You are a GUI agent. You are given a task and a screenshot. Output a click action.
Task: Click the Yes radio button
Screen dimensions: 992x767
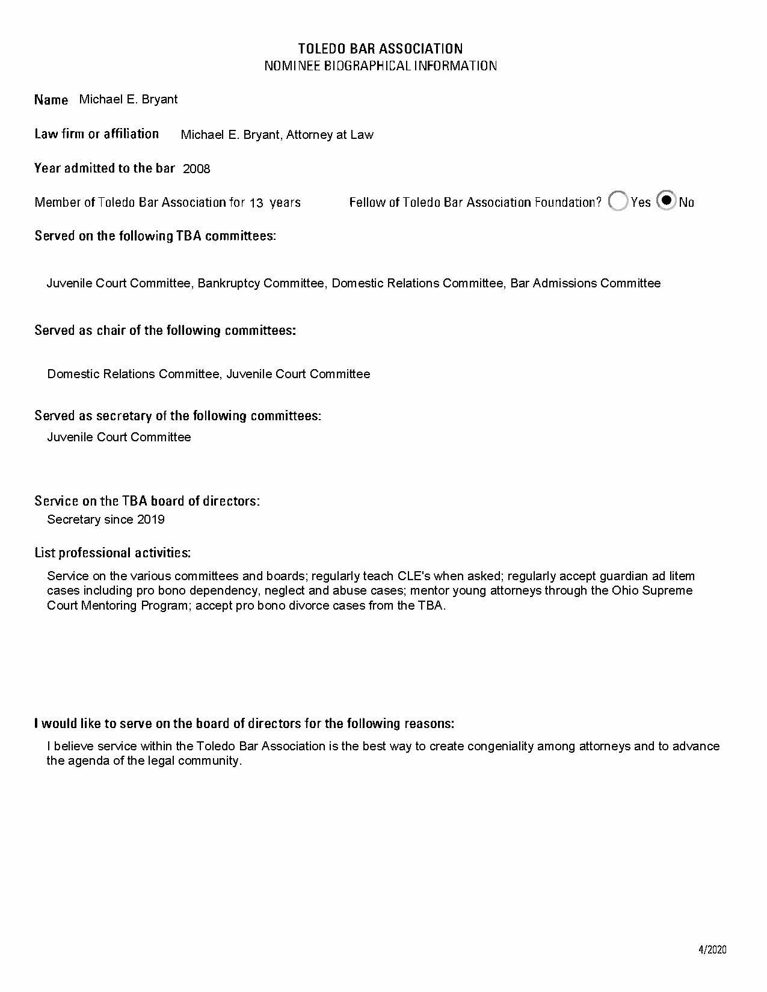coord(618,201)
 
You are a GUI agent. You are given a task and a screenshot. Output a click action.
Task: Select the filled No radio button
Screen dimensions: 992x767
coord(667,200)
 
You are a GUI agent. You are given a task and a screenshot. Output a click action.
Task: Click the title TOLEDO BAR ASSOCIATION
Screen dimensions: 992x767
coord(380,49)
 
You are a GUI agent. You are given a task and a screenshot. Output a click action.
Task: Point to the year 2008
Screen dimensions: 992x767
coord(197,169)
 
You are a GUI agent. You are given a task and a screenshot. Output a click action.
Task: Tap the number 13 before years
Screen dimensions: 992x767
coord(256,203)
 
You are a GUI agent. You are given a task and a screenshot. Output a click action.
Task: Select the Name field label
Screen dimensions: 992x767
coord(51,100)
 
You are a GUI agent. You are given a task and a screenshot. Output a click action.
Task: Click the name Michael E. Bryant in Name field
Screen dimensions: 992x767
coord(128,99)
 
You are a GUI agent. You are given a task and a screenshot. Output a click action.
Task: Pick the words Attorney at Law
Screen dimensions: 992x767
coord(330,135)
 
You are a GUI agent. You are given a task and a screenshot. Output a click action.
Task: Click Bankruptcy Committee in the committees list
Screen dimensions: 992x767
coord(260,283)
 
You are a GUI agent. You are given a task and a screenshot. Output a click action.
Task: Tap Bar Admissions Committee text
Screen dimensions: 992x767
coord(585,283)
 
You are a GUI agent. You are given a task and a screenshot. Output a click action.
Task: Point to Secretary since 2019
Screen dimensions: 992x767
coord(106,519)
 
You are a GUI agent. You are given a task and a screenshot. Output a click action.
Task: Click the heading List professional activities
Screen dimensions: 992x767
coord(112,553)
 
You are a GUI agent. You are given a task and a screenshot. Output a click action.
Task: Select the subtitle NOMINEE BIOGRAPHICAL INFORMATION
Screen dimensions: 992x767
coord(380,66)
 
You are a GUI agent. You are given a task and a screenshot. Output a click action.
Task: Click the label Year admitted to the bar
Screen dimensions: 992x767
coord(105,168)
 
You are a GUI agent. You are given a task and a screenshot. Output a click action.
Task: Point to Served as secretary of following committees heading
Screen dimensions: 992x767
coord(177,415)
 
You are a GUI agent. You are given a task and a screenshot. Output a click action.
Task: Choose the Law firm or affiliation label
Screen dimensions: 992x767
coord(97,133)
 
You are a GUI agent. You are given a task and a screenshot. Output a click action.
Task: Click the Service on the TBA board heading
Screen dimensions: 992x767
coord(147,501)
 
